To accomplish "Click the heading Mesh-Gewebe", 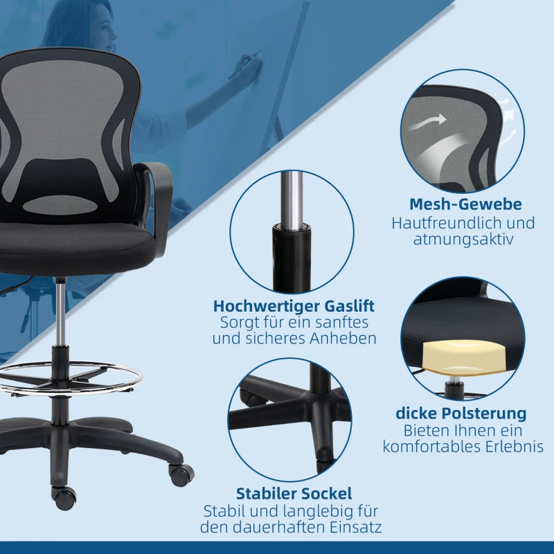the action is [x=465, y=204].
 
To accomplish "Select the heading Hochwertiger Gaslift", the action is [x=294, y=306].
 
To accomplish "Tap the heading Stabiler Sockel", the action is [x=294, y=494].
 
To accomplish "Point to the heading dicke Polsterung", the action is [x=461, y=413].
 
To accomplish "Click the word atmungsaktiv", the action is [x=463, y=240].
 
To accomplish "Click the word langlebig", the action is [x=319, y=511].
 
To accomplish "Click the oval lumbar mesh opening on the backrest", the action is [x=61, y=205].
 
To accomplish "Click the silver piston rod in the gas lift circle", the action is [x=292, y=198].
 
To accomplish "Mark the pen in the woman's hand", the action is [x=244, y=64].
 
